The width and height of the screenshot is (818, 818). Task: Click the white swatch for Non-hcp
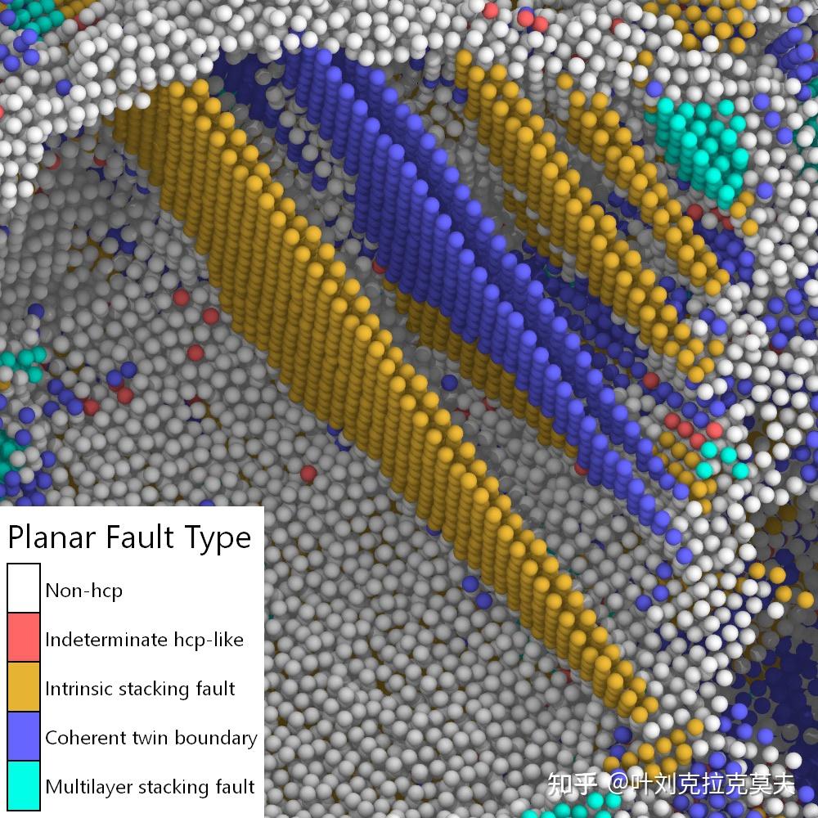point(23,589)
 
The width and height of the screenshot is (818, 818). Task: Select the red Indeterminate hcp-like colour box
point(23,638)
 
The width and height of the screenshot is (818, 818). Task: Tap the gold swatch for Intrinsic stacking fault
point(23,687)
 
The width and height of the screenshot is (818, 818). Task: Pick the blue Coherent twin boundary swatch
point(23,736)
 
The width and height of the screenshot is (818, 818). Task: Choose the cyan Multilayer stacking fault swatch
point(23,785)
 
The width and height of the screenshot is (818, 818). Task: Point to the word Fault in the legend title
point(136,537)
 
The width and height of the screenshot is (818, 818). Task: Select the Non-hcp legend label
point(83,590)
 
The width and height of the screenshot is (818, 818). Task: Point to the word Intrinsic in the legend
point(78,688)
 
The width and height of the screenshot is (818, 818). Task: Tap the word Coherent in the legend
point(83,737)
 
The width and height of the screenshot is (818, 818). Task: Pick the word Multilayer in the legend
point(88,787)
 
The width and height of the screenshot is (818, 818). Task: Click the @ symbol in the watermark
point(617,784)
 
